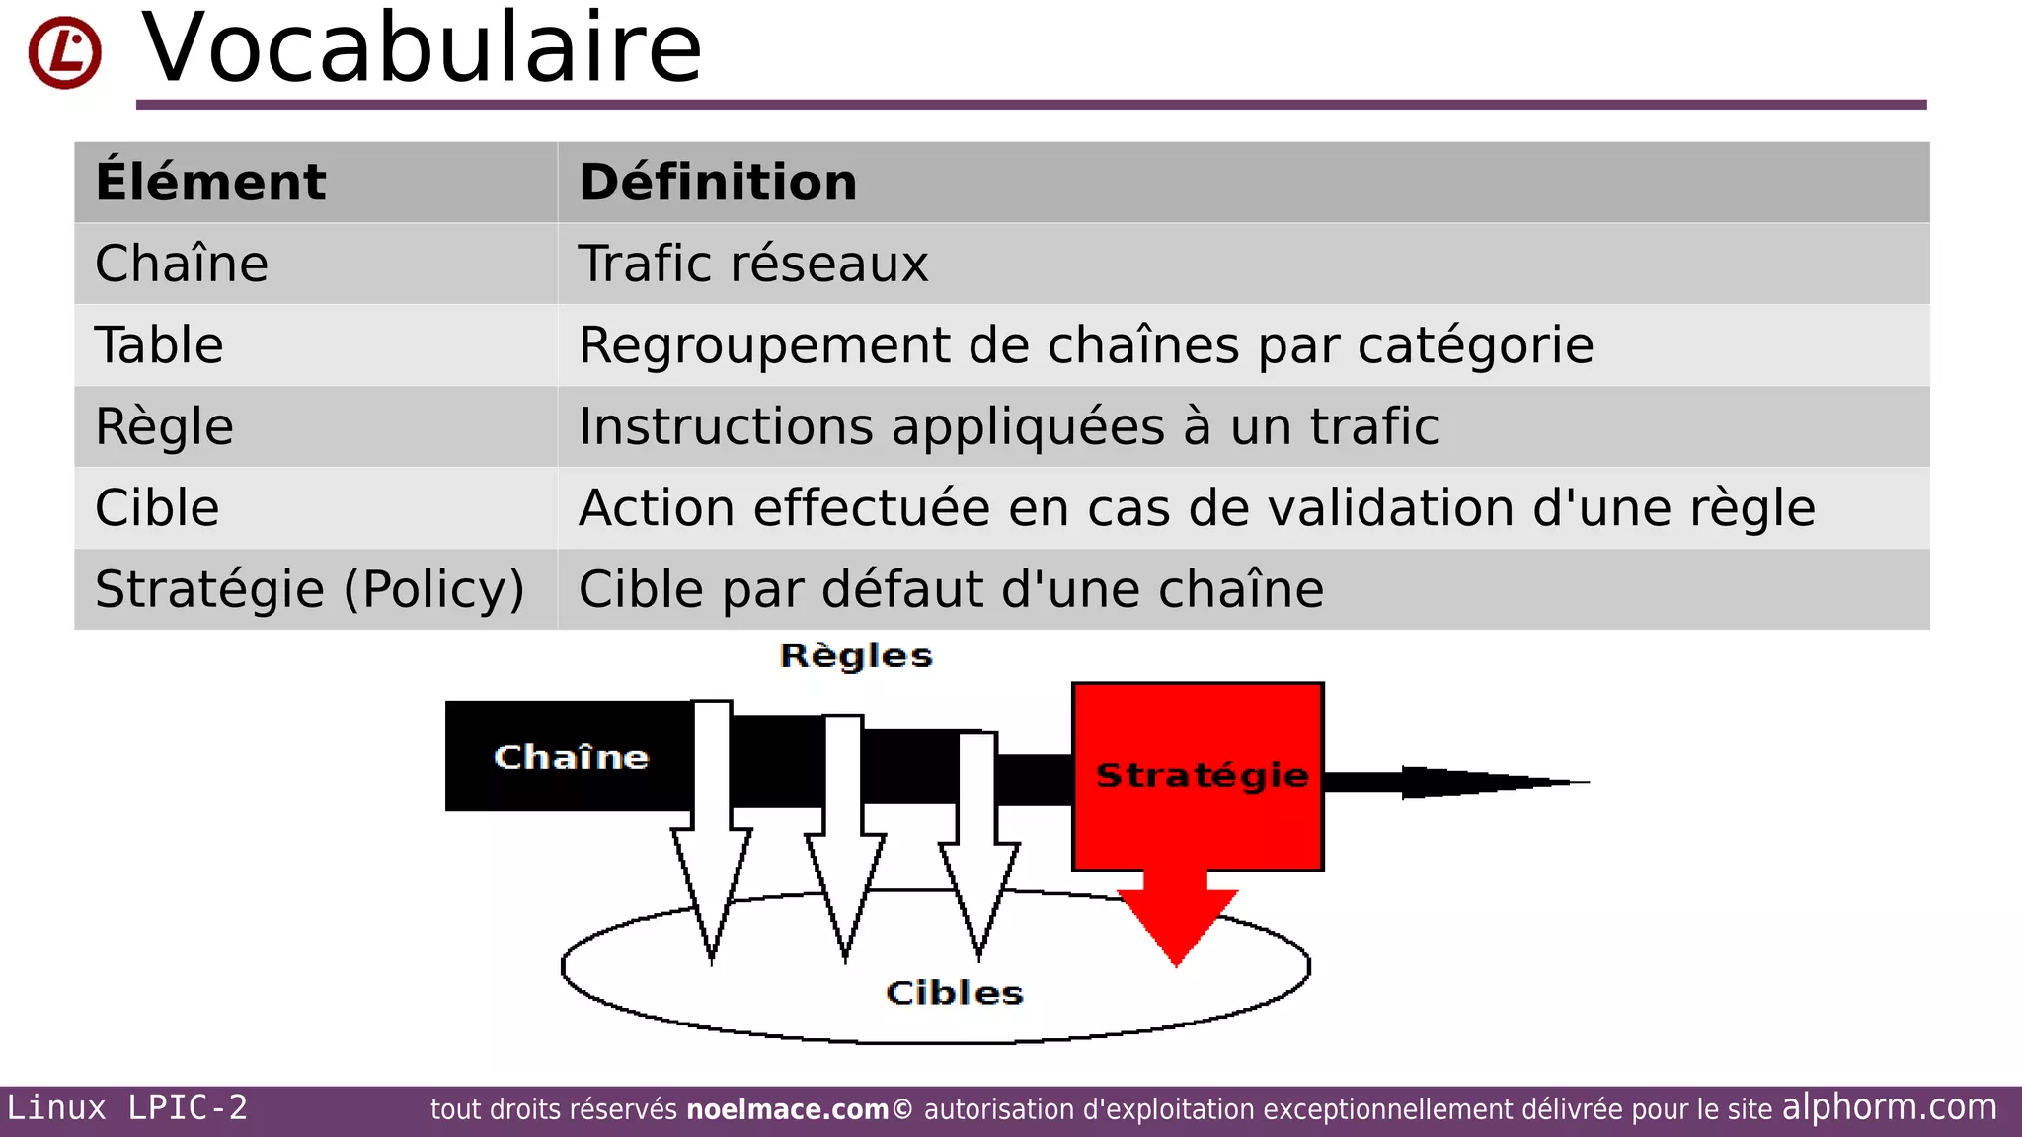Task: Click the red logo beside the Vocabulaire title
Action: [64, 52]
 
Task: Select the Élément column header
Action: [210, 183]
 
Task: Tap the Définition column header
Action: [718, 183]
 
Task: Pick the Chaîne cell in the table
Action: [182, 265]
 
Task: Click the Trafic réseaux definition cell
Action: [753, 265]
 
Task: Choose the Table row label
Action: [159, 345]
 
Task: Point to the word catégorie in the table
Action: [1475, 346]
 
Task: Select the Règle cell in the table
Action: [164, 427]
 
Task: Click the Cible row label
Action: [157, 508]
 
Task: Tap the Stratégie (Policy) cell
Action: [309, 589]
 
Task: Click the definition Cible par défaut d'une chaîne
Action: [951, 589]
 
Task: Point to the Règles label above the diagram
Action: [856, 656]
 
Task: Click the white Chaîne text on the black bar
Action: [571, 757]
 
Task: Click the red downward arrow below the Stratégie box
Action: [1177, 918]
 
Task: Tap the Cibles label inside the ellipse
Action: [954, 993]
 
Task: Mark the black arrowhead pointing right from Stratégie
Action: [1481, 782]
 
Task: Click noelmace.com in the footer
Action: [787, 1109]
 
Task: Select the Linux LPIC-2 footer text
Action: [127, 1107]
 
